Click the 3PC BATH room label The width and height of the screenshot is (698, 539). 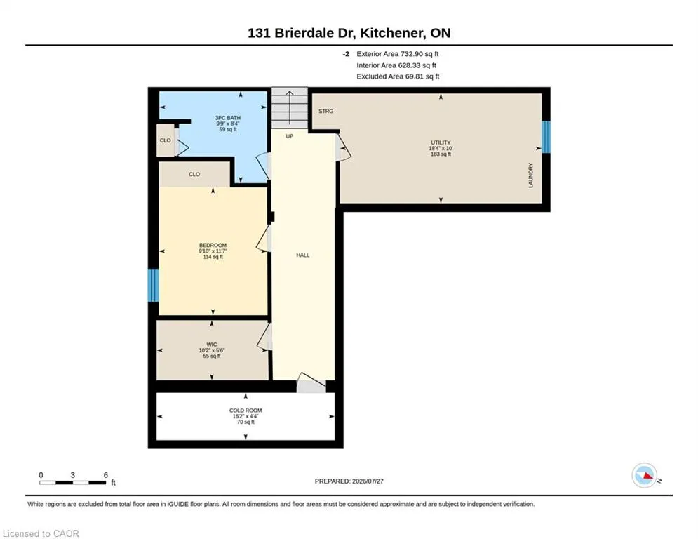(228, 118)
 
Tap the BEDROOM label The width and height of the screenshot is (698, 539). (213, 246)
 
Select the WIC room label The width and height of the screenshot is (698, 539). (211, 345)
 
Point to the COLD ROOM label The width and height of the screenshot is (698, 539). (246, 411)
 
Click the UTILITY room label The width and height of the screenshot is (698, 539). (441, 142)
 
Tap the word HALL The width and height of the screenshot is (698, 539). (303, 255)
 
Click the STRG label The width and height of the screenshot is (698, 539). (326, 112)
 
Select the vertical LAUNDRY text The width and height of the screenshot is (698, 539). (530, 175)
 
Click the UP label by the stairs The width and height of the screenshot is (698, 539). (289, 136)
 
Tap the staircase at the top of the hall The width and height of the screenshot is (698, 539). (289, 108)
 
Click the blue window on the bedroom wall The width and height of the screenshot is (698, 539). (153, 285)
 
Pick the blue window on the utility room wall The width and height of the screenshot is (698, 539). (546, 137)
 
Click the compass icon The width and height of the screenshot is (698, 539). (645, 475)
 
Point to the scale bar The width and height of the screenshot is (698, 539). (72, 482)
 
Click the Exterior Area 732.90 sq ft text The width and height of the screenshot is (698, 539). (398, 54)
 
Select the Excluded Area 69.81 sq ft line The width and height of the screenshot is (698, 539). (398, 76)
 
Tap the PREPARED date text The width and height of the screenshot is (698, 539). (349, 481)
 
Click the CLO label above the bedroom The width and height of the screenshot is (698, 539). (194, 174)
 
